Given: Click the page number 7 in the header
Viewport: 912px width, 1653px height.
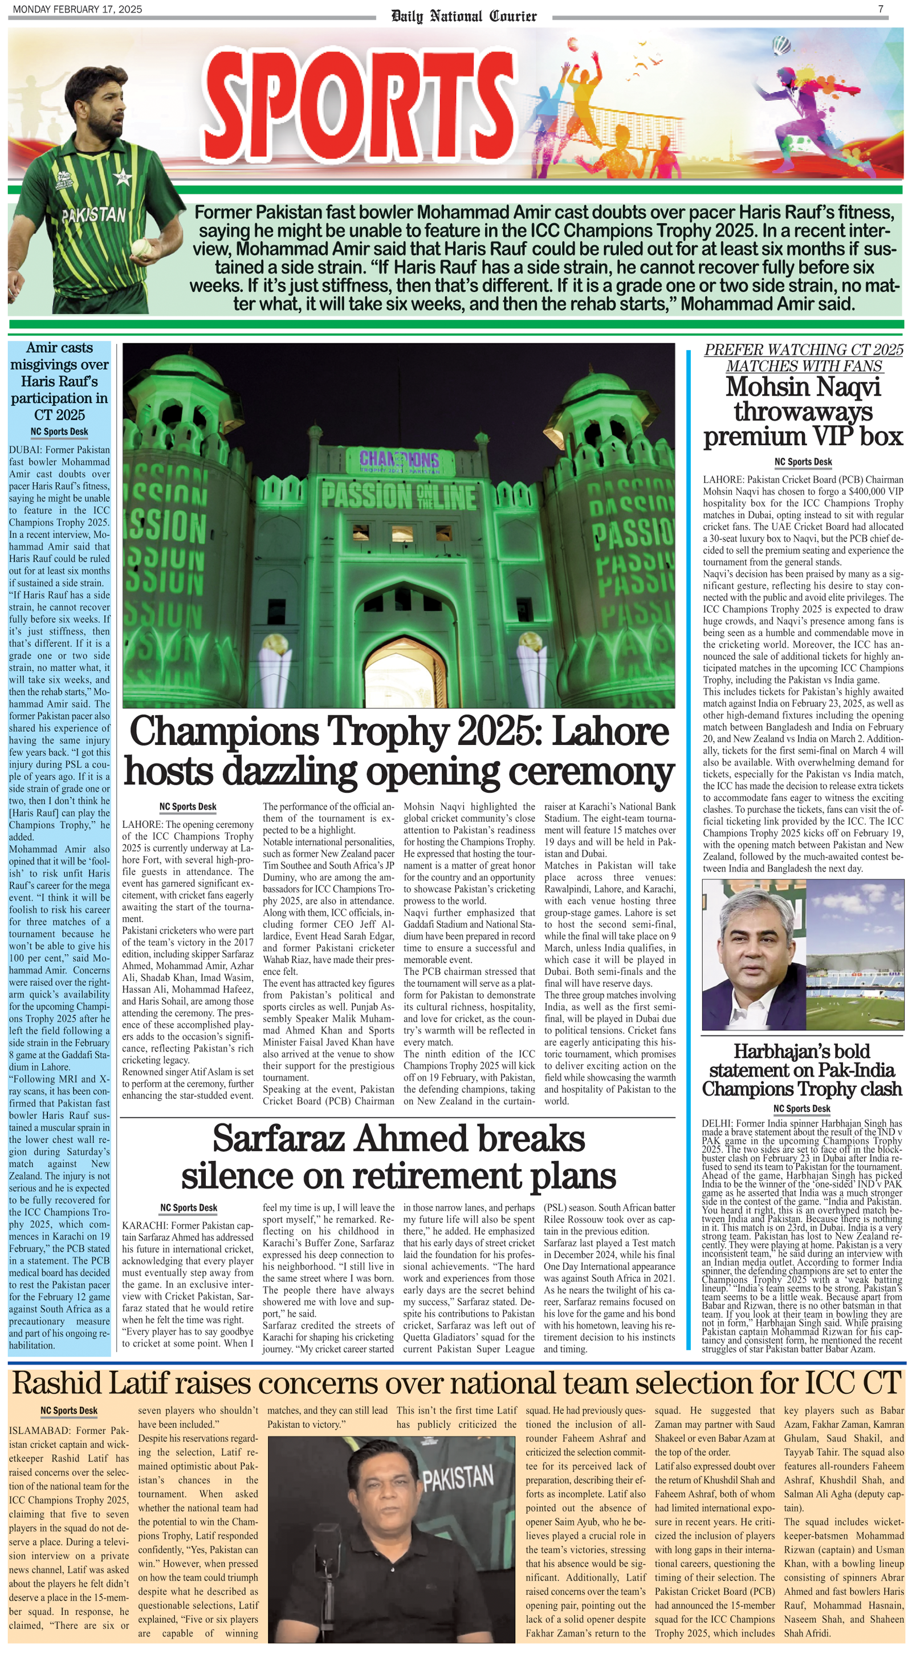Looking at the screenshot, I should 881,9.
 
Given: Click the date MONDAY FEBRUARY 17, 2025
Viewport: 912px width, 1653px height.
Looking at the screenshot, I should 77,9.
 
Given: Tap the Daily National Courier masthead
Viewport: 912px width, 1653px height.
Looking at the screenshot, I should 463,16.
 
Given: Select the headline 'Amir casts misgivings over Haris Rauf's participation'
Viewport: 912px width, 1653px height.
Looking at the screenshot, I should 60,381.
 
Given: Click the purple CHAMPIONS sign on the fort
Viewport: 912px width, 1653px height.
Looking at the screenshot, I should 399,460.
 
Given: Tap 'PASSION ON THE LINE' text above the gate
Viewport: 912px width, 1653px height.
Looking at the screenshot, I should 399,496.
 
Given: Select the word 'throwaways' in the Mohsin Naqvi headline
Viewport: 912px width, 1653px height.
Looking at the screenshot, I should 803,412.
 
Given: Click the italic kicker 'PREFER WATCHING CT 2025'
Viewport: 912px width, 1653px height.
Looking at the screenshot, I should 803,350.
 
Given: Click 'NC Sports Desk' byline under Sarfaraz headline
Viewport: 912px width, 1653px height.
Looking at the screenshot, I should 189,1208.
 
